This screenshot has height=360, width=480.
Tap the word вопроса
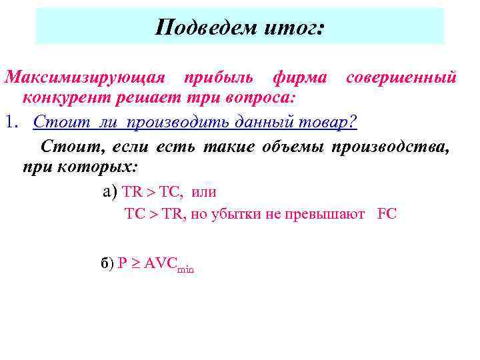261,99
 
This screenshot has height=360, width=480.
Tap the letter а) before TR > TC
111,193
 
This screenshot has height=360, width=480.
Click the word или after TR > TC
203,193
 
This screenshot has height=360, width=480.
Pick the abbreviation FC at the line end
387,215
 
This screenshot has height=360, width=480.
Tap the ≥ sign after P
133,264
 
